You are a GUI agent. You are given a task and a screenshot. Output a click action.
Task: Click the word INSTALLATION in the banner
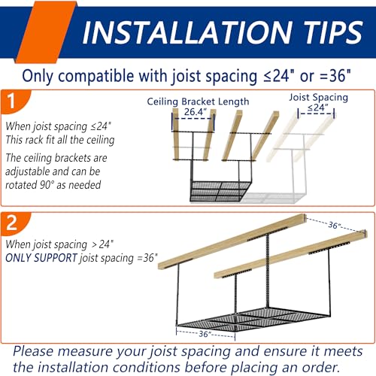(x=187, y=32)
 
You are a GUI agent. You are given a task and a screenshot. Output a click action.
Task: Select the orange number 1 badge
(x=15, y=102)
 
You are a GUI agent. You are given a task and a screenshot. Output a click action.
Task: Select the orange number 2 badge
(x=14, y=223)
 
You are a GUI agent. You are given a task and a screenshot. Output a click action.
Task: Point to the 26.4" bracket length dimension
(x=196, y=112)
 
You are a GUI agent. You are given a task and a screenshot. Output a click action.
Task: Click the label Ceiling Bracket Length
(x=198, y=102)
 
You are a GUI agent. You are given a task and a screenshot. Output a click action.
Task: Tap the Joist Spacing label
(x=319, y=97)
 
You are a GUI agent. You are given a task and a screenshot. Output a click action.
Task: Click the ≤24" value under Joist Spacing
(x=318, y=108)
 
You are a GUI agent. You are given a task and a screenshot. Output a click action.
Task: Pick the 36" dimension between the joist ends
(x=335, y=225)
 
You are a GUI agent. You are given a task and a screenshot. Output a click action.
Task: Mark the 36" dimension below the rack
(x=205, y=334)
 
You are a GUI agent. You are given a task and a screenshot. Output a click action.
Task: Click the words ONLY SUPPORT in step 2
(x=41, y=258)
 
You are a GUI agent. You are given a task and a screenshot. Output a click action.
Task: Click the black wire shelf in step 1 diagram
(x=220, y=191)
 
